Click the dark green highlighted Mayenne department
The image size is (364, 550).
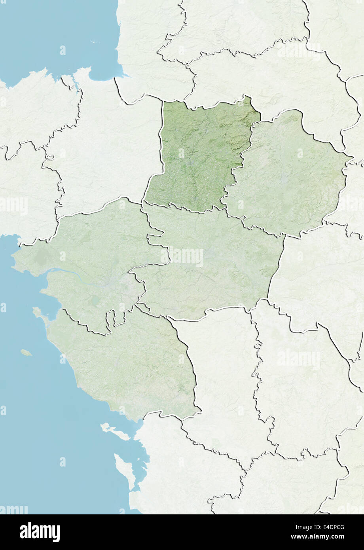(x=198, y=154)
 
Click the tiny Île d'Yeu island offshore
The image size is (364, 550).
(x=26, y=352)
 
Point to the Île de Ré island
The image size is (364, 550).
(x=115, y=432)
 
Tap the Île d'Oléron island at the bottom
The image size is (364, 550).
(x=125, y=471)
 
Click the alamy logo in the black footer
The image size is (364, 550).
(x=40, y=532)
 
